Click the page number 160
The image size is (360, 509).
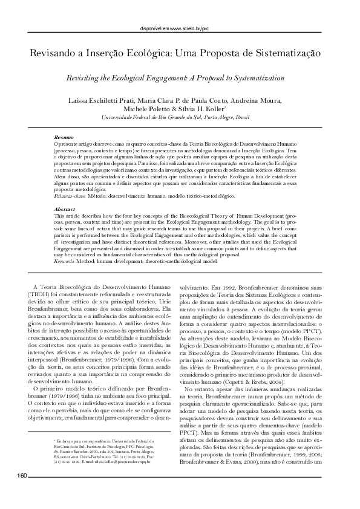pyautogui.click(x=22, y=495)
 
